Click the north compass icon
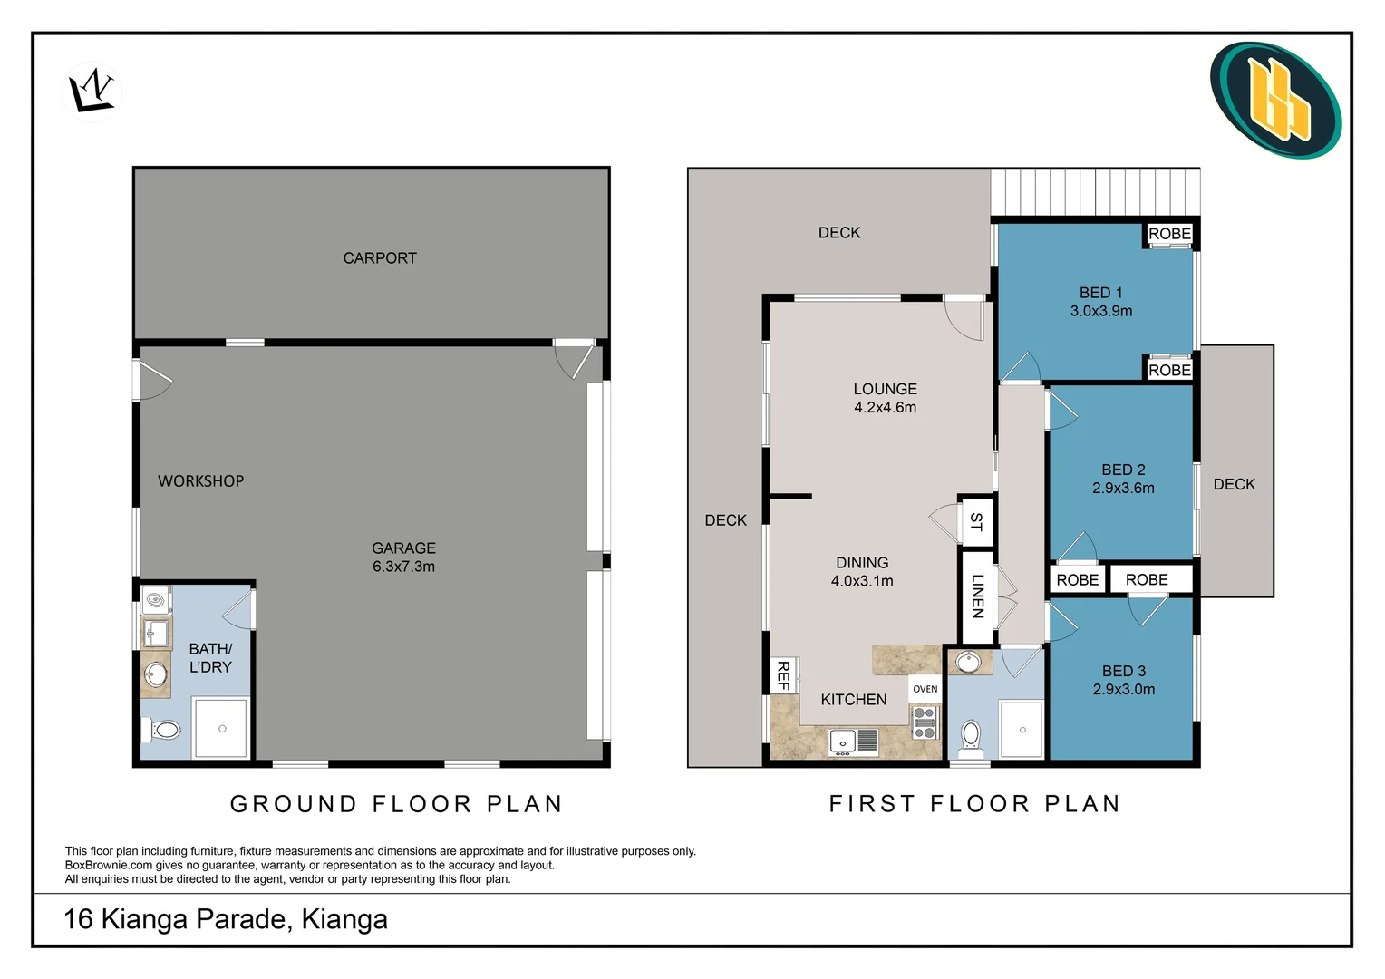pyautogui.click(x=92, y=92)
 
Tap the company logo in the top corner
pyautogui.click(x=1275, y=100)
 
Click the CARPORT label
pyautogui.click(x=380, y=258)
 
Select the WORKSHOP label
pyautogui.click(x=200, y=481)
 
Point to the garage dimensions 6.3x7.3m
pyautogui.click(x=403, y=567)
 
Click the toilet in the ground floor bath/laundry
pyautogui.click(x=162, y=729)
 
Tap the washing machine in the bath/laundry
pyautogui.click(x=157, y=600)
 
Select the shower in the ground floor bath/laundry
pyautogui.click(x=222, y=728)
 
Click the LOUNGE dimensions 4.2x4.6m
pyautogui.click(x=885, y=408)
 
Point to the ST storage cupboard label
pyautogui.click(x=976, y=521)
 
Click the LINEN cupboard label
pyautogui.click(x=977, y=596)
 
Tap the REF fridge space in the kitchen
pyautogui.click(x=783, y=675)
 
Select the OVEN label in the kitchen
pyautogui.click(x=925, y=689)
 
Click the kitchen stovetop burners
pyautogui.click(x=924, y=722)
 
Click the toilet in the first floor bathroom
pyautogui.click(x=971, y=736)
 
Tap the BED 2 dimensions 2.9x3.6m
pyautogui.click(x=1123, y=489)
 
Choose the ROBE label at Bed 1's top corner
pyautogui.click(x=1169, y=234)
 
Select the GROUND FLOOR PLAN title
pyautogui.click(x=397, y=804)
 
